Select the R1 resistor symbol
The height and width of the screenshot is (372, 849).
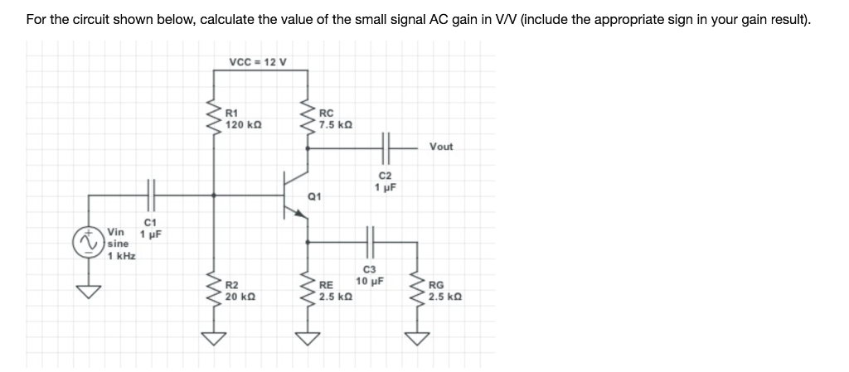216,117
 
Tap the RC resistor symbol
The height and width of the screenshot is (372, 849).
308,117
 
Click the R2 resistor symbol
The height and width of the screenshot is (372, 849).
216,292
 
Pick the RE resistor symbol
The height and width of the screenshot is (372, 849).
308,292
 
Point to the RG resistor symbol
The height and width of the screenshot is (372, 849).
418,292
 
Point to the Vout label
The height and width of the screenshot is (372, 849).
441,147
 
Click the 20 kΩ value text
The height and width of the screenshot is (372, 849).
242,297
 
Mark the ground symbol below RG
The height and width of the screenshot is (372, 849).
418,336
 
